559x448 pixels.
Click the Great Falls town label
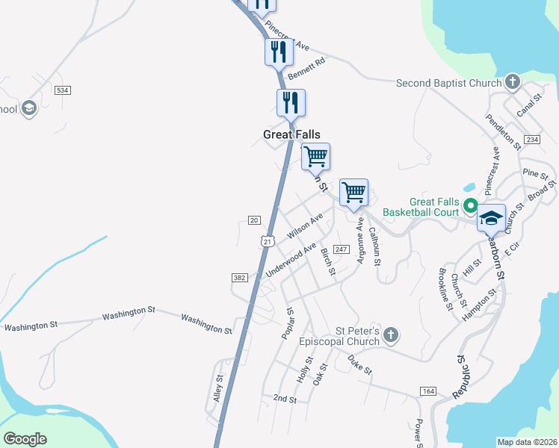pos(291,134)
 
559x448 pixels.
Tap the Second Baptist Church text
pos(448,83)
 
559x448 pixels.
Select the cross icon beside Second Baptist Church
pos(512,81)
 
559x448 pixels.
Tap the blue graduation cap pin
pos(492,217)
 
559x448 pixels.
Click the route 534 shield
pos(62,90)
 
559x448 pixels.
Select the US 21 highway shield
pos(268,240)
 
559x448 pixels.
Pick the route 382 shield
pos(239,278)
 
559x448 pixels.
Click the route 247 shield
pos(342,249)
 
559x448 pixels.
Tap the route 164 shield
pos(428,391)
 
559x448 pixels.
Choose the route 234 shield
pos(532,140)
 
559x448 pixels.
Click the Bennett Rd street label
pos(307,69)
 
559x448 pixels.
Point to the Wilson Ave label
pos(304,226)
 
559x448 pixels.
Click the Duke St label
pos(359,365)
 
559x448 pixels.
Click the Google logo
pos(25,439)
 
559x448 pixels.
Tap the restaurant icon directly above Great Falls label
pos(290,102)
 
